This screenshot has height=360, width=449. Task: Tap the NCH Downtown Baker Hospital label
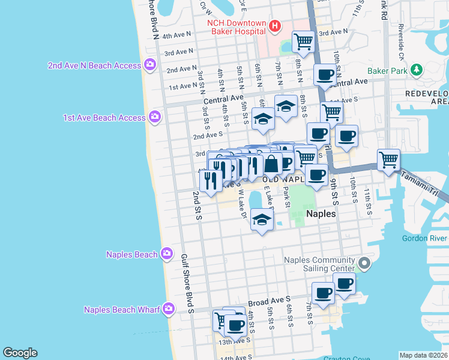coord(237,27)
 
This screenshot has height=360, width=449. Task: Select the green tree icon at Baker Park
coord(417,70)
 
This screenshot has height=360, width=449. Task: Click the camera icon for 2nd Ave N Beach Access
coord(149,65)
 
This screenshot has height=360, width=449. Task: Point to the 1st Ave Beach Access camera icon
coord(155,116)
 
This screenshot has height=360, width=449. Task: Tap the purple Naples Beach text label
coord(131,254)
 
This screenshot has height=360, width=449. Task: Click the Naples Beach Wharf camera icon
coord(169,309)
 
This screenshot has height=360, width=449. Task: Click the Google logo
coord(20,353)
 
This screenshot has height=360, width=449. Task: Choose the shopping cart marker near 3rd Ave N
coord(304,42)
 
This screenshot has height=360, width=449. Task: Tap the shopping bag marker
coord(271,163)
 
